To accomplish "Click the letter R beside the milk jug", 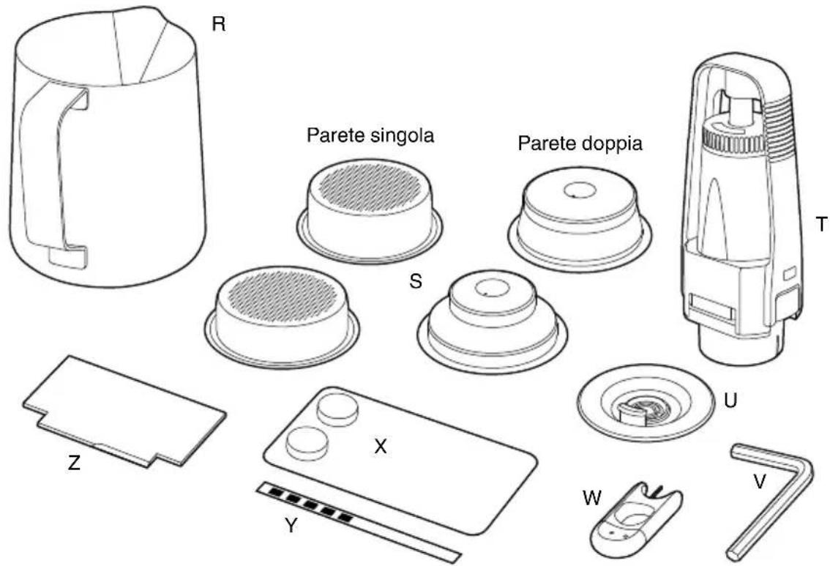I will [218, 25].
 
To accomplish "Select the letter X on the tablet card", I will [380, 447].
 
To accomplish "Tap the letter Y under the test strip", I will [290, 526].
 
